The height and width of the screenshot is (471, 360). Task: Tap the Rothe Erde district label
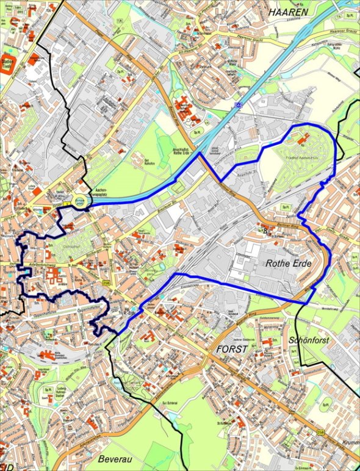coord(289,264)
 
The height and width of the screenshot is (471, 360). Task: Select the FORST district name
coord(232,350)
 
